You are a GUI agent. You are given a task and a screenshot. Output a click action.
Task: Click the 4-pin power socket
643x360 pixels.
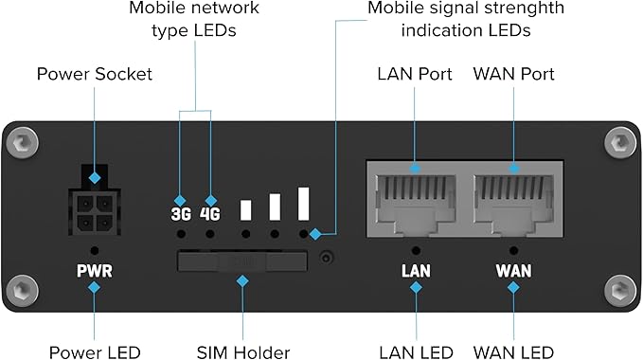(94, 210)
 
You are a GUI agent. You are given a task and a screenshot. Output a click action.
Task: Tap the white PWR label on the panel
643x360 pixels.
(94, 271)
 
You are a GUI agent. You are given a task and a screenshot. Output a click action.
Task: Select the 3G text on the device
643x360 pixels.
(180, 213)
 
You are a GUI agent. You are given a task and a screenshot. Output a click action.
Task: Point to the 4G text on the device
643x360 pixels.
(209, 213)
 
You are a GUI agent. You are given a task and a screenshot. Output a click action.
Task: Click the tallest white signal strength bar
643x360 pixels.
(304, 204)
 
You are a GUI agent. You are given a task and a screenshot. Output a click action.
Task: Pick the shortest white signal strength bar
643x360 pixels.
(245, 210)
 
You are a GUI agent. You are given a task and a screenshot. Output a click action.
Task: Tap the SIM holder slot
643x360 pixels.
(242, 261)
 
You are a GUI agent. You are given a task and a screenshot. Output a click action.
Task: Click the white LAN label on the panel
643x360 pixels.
(416, 271)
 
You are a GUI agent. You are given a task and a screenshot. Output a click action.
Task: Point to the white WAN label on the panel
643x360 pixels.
(514, 271)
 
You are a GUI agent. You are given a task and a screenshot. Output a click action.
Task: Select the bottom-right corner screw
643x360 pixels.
(619, 288)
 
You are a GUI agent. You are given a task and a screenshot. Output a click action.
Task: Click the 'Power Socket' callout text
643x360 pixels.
(94, 73)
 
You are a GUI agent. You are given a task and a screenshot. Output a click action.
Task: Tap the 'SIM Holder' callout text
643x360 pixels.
(242, 351)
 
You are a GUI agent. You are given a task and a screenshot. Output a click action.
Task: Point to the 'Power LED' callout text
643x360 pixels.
(94, 351)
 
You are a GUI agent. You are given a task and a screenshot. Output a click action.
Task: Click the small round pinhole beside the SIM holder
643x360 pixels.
(328, 258)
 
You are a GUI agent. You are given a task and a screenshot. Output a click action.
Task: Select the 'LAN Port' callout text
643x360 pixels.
(413, 73)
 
